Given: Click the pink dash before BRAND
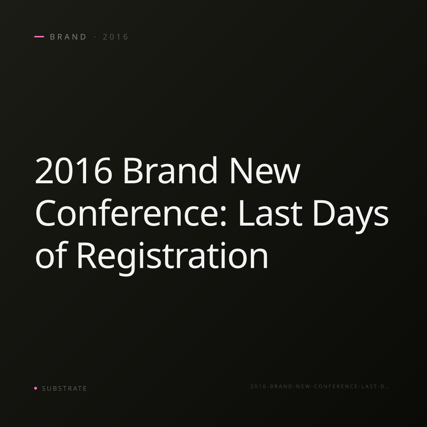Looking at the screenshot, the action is pos(39,37).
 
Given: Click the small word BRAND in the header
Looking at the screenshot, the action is pos(68,37).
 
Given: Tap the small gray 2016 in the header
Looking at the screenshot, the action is pos(115,37).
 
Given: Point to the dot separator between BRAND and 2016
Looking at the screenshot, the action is pos(95,37).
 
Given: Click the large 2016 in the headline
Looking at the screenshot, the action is pos(74,170).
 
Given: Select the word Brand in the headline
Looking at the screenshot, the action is pos(170,170).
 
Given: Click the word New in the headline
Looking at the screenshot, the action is pos(265,170).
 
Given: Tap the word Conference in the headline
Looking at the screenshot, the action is pos(128,212).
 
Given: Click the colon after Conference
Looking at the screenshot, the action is pos(223,216).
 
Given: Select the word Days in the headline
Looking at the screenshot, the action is pos(350,216).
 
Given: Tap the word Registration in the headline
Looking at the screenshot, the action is pos(172,258).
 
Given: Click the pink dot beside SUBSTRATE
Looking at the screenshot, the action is pos(36,388).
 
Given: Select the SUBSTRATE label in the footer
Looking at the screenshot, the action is pos(64,389).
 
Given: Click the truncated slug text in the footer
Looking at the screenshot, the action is pos(320,386).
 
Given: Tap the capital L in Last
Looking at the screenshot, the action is pos(246,213).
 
